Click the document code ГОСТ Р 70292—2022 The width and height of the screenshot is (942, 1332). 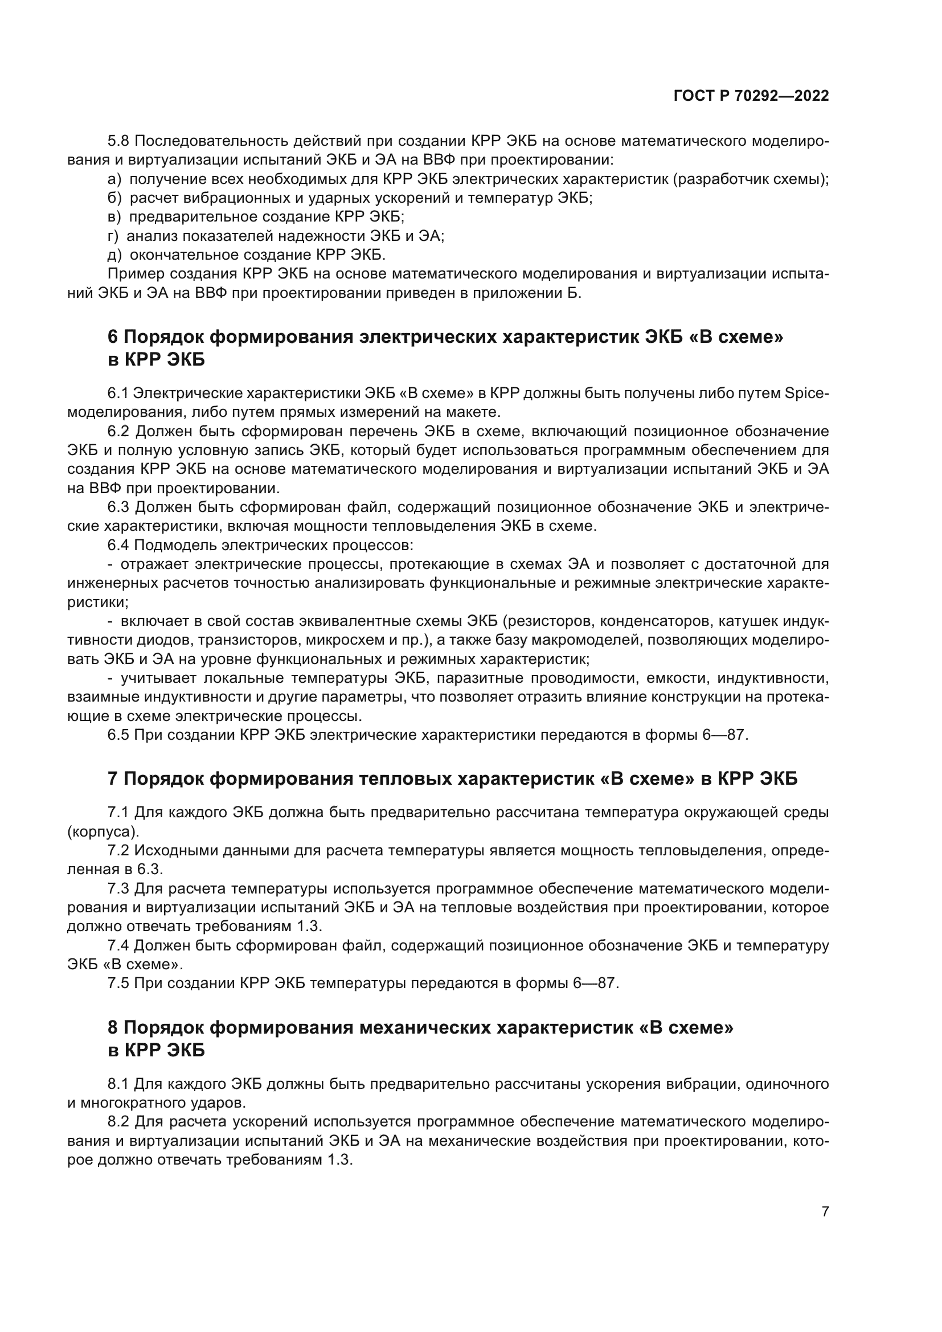click(751, 96)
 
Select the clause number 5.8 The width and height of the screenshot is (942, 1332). click(119, 142)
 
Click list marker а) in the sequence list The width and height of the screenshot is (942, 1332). click(114, 179)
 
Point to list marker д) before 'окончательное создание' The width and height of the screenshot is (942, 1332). click(114, 255)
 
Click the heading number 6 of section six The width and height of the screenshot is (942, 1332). click(113, 337)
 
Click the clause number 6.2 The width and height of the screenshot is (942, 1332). click(119, 431)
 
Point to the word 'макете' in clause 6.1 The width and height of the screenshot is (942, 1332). click(470, 412)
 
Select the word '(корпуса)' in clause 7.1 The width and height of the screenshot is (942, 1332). click(103, 831)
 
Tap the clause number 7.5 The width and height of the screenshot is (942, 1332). click(119, 983)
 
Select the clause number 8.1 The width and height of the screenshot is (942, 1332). click(119, 1084)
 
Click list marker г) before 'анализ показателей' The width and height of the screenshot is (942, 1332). click(113, 236)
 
